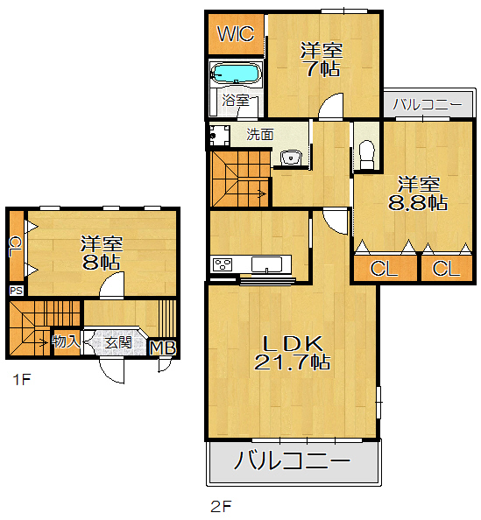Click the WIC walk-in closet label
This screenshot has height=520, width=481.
click(x=236, y=35)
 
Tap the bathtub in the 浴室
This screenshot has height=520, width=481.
click(x=237, y=74)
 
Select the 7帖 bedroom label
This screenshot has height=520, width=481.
click(x=321, y=60)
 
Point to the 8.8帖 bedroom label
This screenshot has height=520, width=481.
click(x=418, y=193)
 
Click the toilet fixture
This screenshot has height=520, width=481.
click(x=367, y=154)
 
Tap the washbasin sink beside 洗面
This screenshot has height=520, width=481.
click(x=291, y=158)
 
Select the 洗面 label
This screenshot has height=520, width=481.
click(x=259, y=135)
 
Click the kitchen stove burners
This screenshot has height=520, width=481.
click(x=221, y=264)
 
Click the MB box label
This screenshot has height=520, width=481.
click(x=164, y=348)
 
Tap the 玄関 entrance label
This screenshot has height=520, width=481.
click(x=118, y=342)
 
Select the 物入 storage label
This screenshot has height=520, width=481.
click(x=66, y=341)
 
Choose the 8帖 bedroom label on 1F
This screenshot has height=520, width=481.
click(x=102, y=251)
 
